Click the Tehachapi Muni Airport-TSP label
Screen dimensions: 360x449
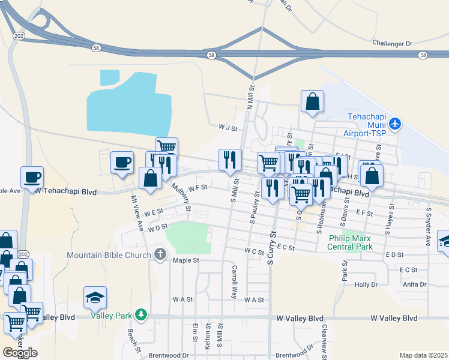[x=365, y=124]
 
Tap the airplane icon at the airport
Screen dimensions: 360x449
[x=394, y=124]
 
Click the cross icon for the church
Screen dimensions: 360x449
[x=160, y=254]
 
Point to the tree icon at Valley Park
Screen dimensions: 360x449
[x=140, y=314]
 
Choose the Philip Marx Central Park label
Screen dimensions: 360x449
[x=351, y=242]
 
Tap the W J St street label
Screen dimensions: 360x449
[x=228, y=128]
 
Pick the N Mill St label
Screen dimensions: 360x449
[x=250, y=96]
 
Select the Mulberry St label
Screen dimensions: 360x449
[x=181, y=197]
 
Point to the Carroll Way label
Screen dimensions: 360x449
[x=235, y=282]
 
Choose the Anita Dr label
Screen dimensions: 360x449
[x=415, y=284]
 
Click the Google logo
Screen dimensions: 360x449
[x=20, y=353]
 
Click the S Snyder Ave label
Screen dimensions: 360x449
[x=428, y=227]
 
